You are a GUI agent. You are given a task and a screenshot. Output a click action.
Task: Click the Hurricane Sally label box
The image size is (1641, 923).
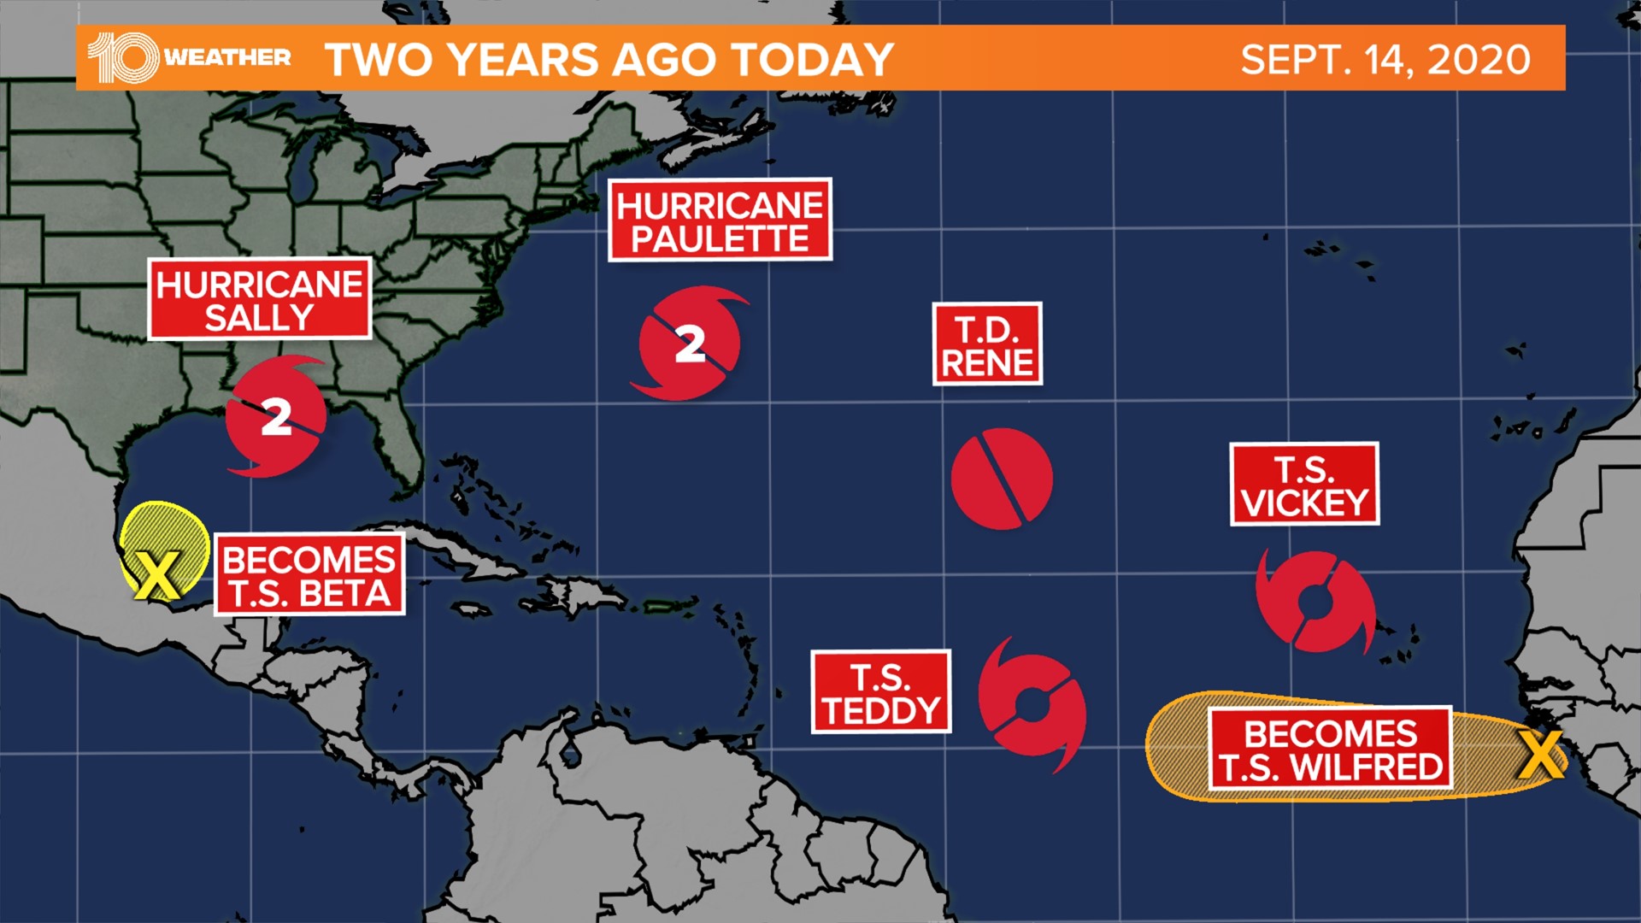[259, 299]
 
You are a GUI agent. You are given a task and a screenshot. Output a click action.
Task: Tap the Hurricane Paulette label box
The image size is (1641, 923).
[720, 220]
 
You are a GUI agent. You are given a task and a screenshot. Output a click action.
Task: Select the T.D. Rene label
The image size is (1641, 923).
[987, 344]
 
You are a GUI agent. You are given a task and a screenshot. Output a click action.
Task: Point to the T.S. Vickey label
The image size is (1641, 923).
[1304, 484]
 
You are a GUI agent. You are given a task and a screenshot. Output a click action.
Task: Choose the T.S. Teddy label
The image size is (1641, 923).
[881, 692]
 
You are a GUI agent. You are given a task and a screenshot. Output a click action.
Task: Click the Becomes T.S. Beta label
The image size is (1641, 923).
[309, 575]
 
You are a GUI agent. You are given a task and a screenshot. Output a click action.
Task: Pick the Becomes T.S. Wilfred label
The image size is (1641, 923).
[1330, 750]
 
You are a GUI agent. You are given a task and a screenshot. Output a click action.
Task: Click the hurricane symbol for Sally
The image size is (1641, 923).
[276, 417]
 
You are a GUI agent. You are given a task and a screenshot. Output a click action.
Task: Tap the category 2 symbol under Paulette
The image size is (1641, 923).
[690, 344]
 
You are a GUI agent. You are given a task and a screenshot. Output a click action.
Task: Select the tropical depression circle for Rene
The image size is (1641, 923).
[1002, 479]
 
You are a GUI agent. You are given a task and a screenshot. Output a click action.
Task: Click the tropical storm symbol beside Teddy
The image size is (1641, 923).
[1032, 704]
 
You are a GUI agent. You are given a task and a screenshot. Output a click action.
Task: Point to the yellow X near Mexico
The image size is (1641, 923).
[157, 574]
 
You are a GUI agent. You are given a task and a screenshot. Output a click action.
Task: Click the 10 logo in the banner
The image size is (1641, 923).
[124, 58]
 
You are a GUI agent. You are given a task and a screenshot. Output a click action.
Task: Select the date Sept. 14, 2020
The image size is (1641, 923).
[1385, 60]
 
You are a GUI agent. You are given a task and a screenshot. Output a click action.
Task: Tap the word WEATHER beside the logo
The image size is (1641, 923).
[227, 58]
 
